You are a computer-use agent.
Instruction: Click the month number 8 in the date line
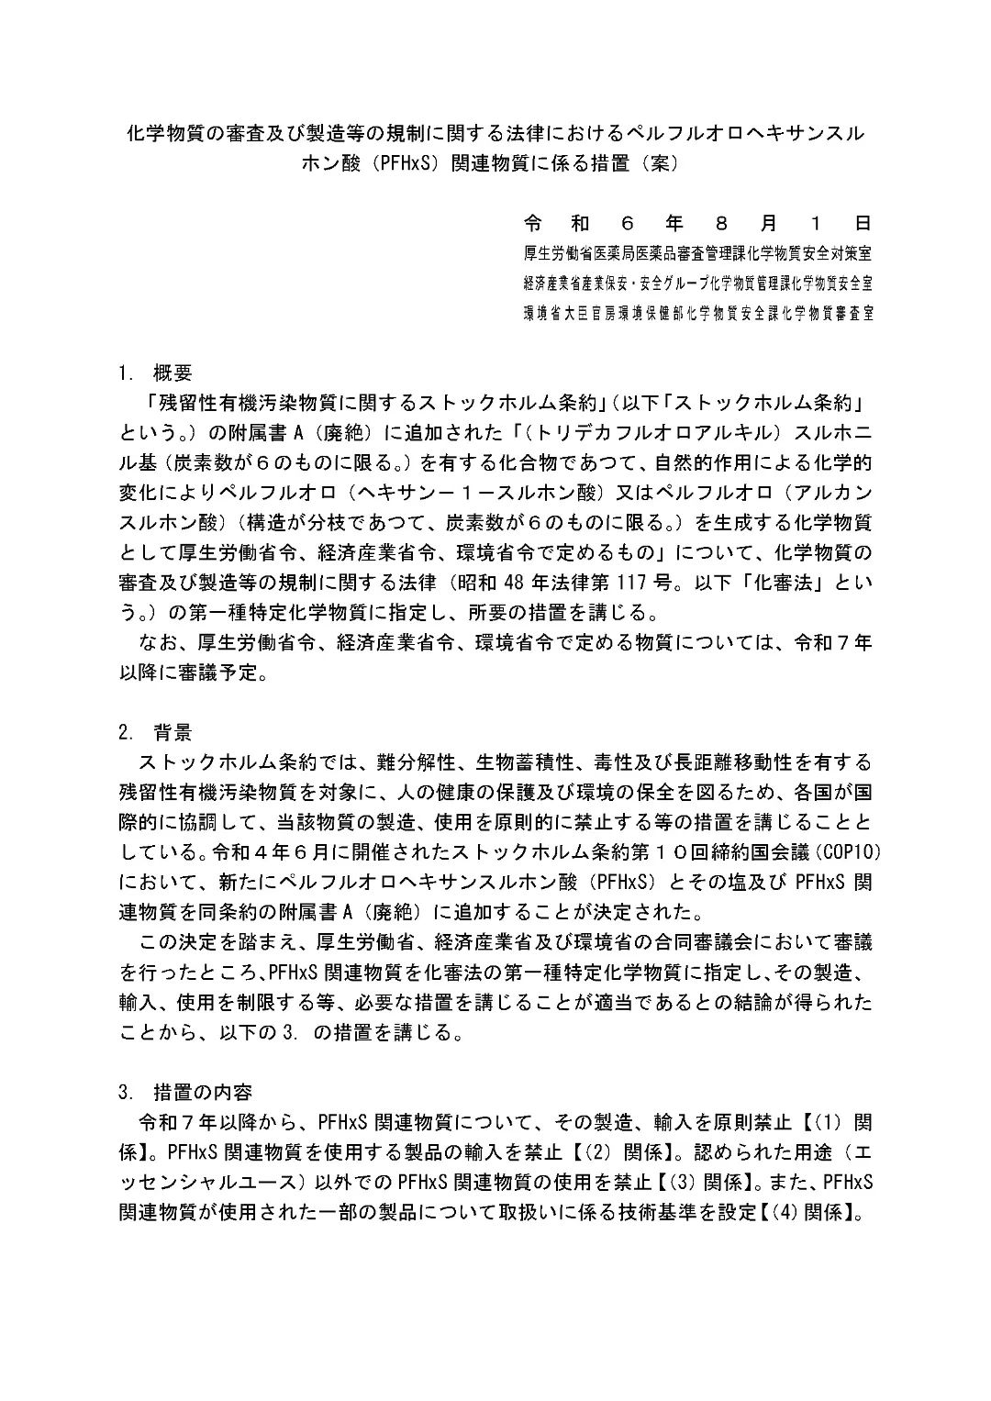(721, 224)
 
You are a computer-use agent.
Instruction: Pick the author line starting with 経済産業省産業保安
(697, 283)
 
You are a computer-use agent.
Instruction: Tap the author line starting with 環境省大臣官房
(697, 312)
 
